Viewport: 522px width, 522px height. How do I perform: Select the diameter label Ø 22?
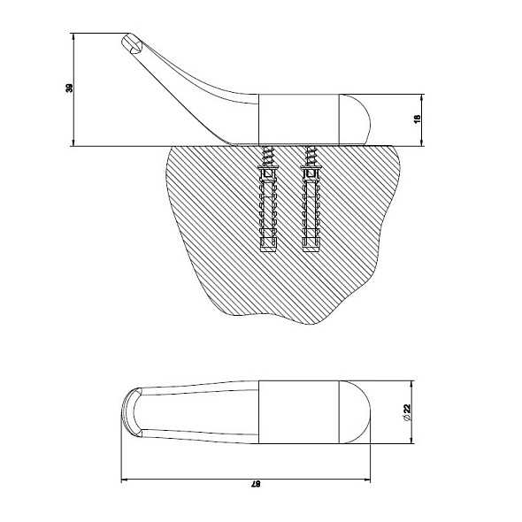click(x=406, y=412)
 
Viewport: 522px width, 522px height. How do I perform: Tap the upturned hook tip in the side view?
click(x=131, y=44)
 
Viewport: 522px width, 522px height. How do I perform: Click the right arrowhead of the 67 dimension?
click(x=367, y=480)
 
